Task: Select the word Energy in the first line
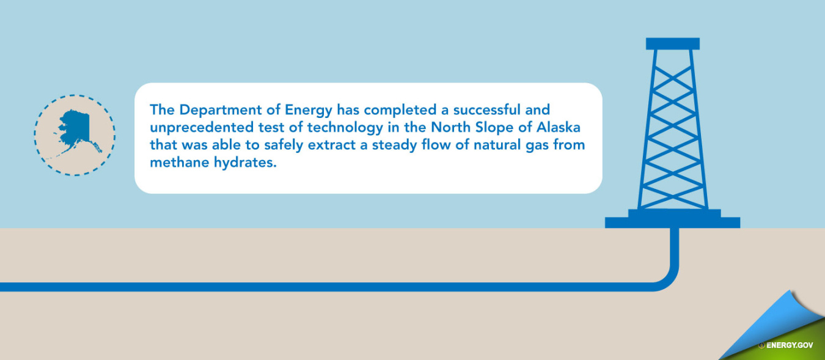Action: coord(309,111)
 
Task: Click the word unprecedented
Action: coord(202,128)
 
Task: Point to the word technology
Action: coord(345,128)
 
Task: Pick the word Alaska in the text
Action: coord(559,127)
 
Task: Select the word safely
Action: coord(284,145)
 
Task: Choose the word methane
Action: coord(180,163)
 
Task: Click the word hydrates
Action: coord(245,163)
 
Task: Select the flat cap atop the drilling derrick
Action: coord(672,43)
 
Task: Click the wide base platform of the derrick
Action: coord(672,222)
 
